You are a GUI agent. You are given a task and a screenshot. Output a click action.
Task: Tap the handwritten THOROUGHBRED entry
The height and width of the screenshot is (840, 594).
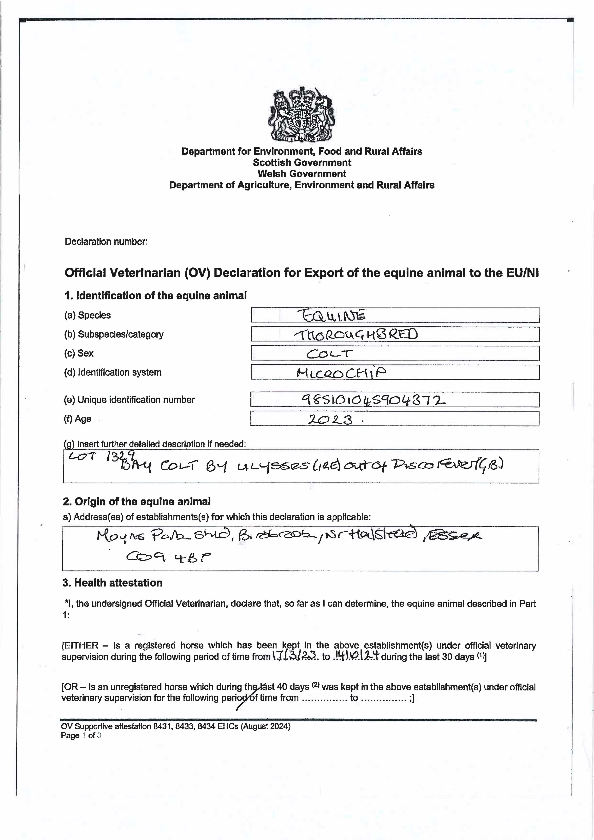pyautogui.click(x=356, y=334)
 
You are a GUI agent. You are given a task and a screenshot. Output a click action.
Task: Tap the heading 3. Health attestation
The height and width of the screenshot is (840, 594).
pyautogui.click(x=112, y=583)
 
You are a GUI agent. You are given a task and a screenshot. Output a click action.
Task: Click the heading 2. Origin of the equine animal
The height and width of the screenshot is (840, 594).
pyautogui.click(x=137, y=502)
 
